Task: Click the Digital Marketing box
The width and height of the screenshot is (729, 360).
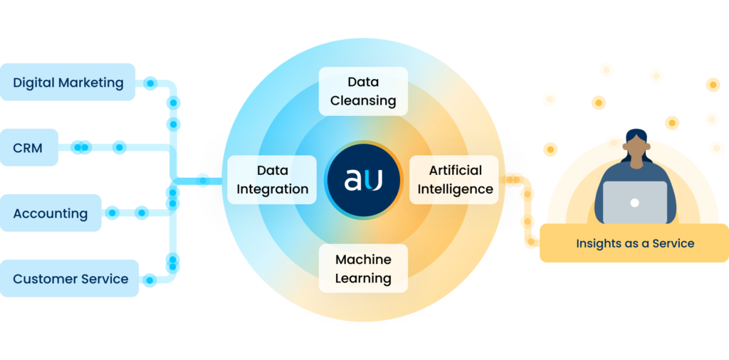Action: [x=68, y=83]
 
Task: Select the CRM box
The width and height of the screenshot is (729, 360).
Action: [x=28, y=148]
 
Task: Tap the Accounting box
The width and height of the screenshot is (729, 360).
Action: [x=51, y=213]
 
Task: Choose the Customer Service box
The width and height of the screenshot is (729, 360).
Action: [x=70, y=279]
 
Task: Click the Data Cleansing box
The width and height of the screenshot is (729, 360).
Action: [x=363, y=91]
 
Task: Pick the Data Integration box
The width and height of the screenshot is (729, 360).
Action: [x=272, y=180]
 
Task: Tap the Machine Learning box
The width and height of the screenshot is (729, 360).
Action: [x=363, y=268]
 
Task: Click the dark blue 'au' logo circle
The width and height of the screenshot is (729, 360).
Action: [x=363, y=180]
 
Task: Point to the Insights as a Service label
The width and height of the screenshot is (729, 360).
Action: [x=634, y=243]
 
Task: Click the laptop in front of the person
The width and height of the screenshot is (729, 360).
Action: [x=634, y=202]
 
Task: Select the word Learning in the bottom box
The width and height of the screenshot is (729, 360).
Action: [x=363, y=277]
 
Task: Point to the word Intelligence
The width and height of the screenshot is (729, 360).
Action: [x=456, y=189]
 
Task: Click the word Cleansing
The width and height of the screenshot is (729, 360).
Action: [x=363, y=100]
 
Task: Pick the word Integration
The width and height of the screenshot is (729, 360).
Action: [x=272, y=189]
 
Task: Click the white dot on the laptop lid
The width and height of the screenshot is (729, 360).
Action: [x=634, y=203]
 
